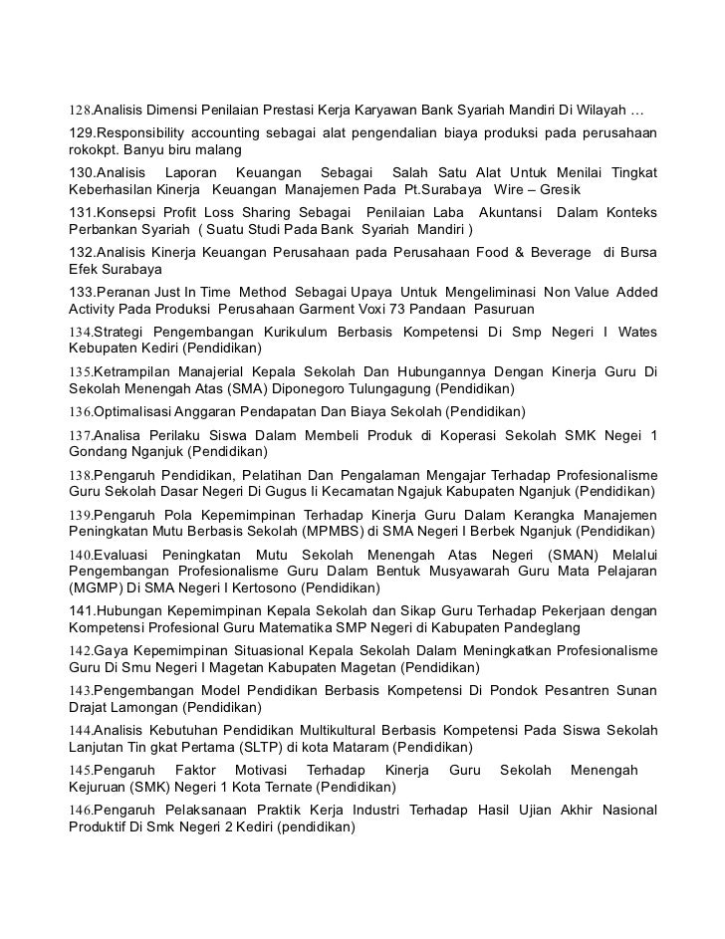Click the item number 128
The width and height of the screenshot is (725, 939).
pyautogui.click(x=80, y=109)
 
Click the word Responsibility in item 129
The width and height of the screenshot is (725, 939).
pyautogui.click(x=145, y=132)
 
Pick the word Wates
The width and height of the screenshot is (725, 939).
pyautogui.click(x=637, y=330)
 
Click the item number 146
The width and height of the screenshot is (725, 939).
pyautogui.click(x=81, y=811)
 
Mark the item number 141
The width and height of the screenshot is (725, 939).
pyautogui.click(x=81, y=610)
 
